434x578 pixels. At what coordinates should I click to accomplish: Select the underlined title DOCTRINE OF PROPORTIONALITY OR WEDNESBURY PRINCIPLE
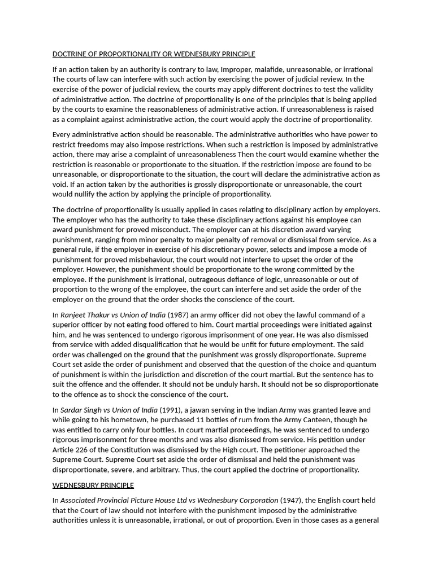(x=154, y=54)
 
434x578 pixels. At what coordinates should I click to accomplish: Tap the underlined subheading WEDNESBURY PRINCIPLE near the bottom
(x=93, y=485)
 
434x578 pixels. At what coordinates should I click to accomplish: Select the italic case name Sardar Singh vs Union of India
(x=109, y=410)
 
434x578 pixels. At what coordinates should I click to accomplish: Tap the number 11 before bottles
(x=205, y=420)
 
